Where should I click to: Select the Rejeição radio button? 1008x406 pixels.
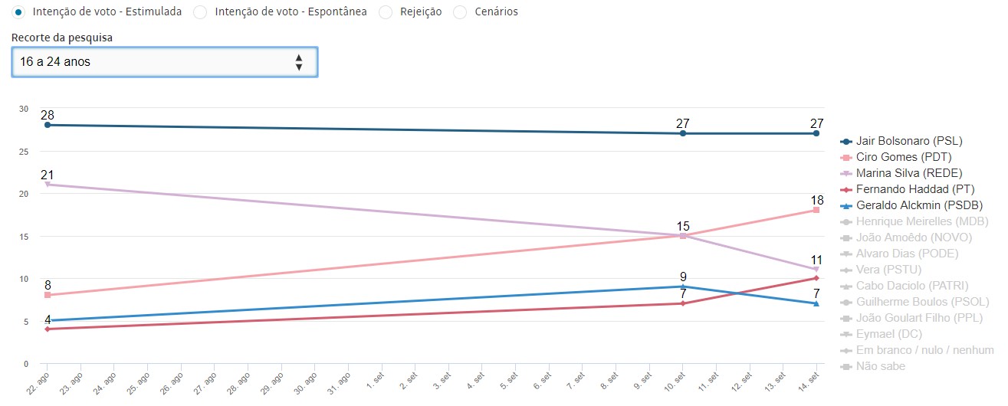click(386, 12)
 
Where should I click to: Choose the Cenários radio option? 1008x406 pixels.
click(460, 12)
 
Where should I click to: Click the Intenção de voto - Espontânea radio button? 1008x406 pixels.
click(200, 12)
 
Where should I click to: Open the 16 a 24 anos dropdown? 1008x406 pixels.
click(164, 62)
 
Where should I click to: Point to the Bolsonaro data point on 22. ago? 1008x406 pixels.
click(48, 125)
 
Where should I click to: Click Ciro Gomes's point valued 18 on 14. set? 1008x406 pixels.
click(816, 210)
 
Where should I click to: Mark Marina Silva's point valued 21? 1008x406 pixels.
click(48, 185)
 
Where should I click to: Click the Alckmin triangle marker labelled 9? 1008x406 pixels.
click(683, 286)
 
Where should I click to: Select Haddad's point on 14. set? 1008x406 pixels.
click(816, 278)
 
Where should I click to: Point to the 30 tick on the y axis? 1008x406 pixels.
click(25, 109)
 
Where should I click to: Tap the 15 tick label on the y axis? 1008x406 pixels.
click(25, 237)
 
